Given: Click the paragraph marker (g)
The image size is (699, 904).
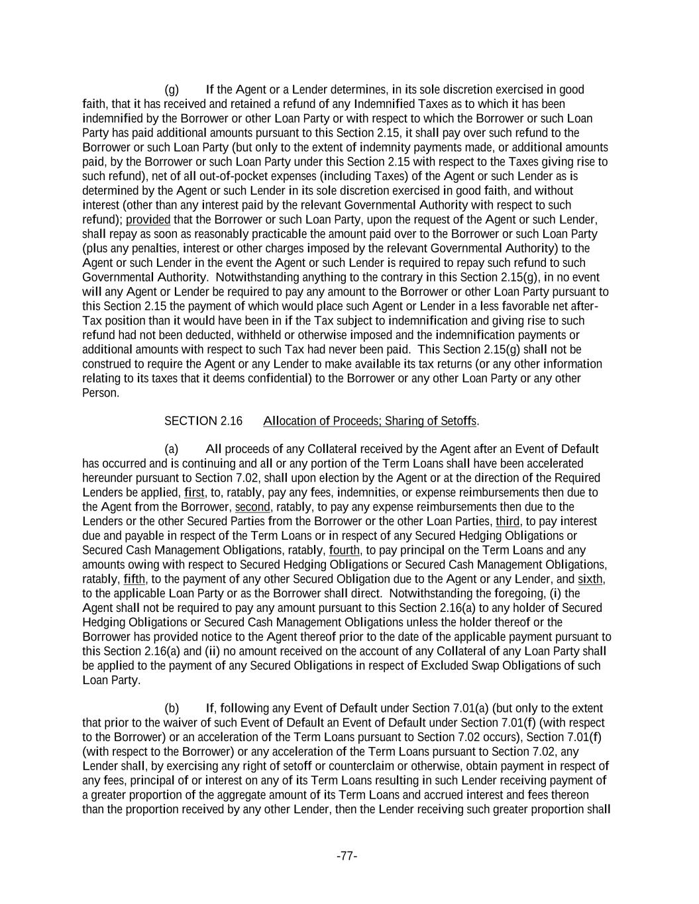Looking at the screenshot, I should tap(172, 89).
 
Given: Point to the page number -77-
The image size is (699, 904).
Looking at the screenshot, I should tap(347, 856).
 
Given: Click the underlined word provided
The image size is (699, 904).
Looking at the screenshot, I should tap(148, 220).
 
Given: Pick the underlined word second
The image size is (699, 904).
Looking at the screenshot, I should tap(252, 507).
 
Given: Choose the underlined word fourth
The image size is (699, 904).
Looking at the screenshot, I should tap(345, 550).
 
